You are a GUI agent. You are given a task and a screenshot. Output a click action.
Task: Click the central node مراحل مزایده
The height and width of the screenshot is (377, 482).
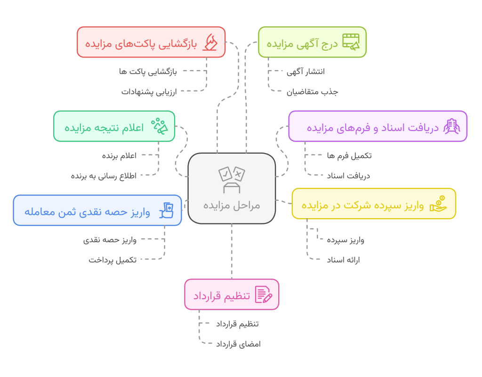click(232, 188)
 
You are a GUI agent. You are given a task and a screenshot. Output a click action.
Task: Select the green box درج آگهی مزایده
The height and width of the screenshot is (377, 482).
click(312, 42)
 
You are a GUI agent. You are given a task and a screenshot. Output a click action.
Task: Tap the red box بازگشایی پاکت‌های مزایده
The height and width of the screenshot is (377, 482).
click(151, 42)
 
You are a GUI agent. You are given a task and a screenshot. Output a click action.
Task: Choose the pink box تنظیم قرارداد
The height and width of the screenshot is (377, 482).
click(232, 295)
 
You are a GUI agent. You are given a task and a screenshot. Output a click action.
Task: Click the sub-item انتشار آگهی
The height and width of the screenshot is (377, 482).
click(305, 72)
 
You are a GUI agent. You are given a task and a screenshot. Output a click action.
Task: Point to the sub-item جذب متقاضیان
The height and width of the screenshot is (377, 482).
click(312, 91)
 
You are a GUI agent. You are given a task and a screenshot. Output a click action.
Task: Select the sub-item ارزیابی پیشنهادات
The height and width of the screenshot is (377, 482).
click(149, 91)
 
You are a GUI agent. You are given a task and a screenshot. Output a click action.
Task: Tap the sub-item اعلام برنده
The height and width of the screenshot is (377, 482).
click(120, 155)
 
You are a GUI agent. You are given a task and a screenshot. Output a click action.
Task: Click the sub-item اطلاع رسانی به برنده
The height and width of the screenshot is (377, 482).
click(104, 175)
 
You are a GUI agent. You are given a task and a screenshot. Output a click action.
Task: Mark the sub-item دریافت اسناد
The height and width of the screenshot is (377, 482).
click(348, 175)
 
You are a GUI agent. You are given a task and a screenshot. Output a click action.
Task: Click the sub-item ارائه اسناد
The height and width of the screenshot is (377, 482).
click(343, 259)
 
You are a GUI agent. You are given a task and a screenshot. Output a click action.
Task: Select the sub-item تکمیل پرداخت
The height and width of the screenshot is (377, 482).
click(113, 259)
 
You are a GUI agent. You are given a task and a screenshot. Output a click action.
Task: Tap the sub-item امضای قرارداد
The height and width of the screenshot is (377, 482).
click(238, 344)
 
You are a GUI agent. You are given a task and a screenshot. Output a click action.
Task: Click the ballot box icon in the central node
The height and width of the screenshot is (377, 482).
click(232, 180)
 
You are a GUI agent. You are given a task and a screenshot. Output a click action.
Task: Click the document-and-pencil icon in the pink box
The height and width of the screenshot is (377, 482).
click(264, 295)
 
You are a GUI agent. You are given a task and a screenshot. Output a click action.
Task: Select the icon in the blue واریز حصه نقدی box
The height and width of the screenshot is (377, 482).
click(167, 211)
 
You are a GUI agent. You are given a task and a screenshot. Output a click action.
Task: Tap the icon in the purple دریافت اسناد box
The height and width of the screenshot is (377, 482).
click(451, 126)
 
